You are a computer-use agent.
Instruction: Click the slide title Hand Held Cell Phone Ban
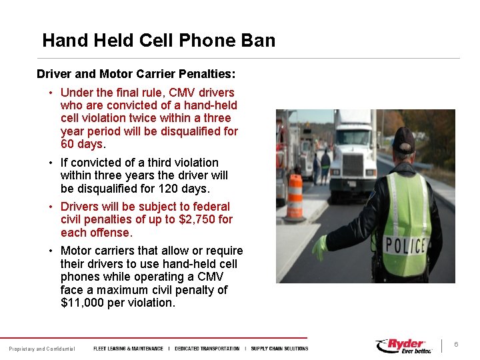159,41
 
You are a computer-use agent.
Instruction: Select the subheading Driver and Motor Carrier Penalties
136,73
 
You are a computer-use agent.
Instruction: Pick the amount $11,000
83,303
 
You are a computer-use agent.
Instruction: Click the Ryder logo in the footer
404,346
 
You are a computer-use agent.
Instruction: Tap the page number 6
456,345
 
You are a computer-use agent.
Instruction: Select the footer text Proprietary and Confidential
41,349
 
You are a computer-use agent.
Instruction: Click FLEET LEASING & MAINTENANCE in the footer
128,349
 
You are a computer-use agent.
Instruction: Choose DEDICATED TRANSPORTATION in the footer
207,349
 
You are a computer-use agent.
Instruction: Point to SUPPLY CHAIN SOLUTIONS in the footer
279,349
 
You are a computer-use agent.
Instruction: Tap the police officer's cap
403,139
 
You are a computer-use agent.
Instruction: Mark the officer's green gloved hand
321,247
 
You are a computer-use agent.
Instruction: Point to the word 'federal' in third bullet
211,207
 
